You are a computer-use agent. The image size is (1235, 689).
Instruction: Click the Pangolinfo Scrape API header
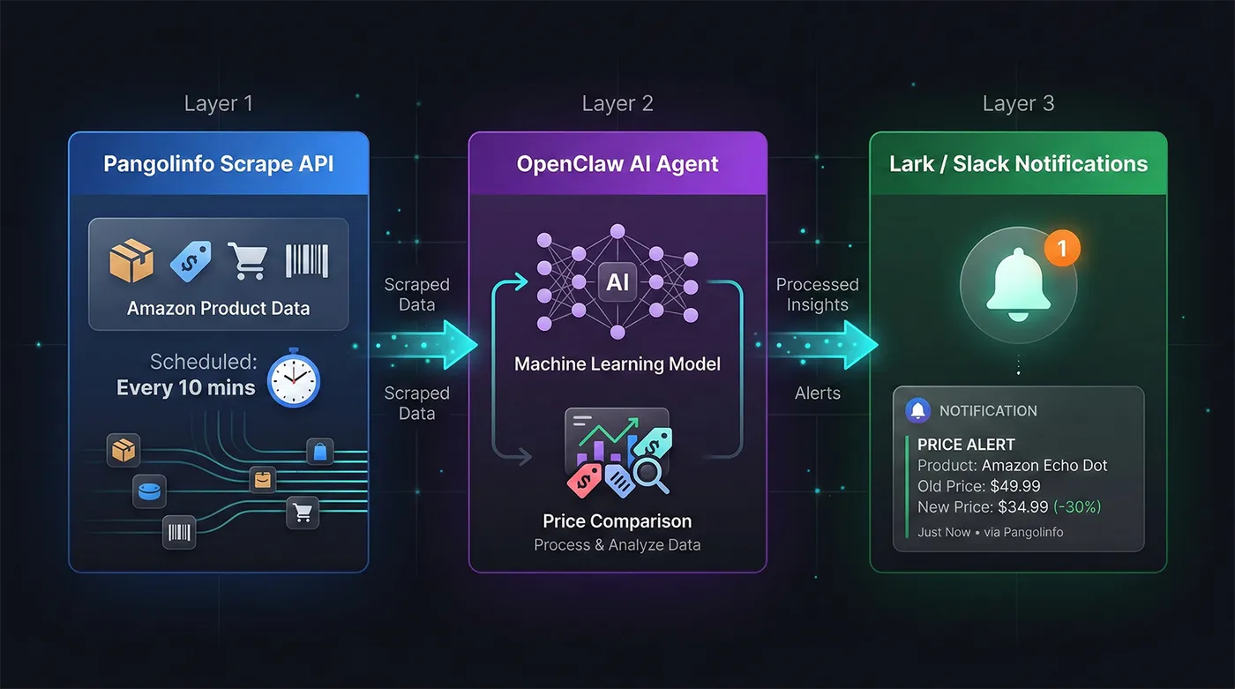click(x=218, y=164)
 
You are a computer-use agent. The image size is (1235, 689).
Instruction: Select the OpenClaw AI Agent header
click(x=617, y=164)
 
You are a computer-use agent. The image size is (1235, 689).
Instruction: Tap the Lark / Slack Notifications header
click(x=1018, y=164)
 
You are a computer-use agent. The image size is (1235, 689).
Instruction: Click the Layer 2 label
click(x=617, y=104)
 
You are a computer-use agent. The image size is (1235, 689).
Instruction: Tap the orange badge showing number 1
click(x=1062, y=249)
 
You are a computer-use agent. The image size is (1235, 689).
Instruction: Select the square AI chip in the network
click(x=617, y=281)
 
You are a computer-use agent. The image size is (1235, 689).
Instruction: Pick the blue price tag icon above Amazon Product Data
click(x=191, y=261)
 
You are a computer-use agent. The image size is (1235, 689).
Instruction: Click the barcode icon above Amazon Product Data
click(x=307, y=261)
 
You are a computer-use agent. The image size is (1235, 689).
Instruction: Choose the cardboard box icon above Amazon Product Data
click(x=131, y=261)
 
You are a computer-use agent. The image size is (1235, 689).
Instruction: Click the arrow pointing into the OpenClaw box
click(x=450, y=344)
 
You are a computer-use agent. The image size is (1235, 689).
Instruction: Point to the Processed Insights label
click(x=818, y=295)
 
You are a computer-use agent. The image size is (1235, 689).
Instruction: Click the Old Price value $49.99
click(x=1016, y=486)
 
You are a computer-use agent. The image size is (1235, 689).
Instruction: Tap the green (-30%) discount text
click(x=1077, y=507)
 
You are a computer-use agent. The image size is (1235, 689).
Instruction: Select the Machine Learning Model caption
click(x=617, y=364)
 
